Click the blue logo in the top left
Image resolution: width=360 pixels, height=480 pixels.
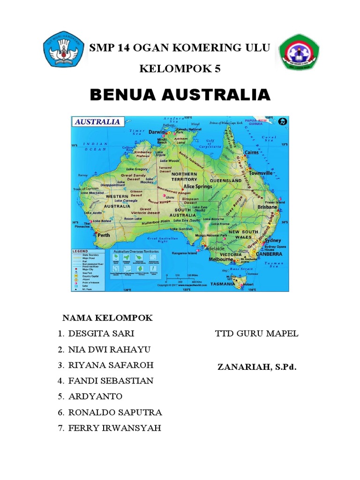tap(65, 51)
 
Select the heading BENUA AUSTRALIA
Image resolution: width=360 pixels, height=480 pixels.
tap(180, 95)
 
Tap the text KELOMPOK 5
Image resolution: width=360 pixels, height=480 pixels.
tap(180, 69)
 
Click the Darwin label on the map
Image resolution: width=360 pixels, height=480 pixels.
tap(157, 132)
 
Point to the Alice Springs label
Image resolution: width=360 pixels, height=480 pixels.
tap(198, 186)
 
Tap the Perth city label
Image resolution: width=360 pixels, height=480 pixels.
tap(104, 235)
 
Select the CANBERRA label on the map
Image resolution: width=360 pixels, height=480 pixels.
tap(269, 254)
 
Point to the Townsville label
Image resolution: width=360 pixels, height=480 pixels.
tap(261, 173)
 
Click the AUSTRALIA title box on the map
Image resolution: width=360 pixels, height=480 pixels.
tap(97, 121)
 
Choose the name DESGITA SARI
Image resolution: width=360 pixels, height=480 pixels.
tap(101, 334)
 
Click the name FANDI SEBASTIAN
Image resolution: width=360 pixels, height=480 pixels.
tap(111, 381)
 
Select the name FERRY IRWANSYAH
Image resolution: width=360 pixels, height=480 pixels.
tap(114, 428)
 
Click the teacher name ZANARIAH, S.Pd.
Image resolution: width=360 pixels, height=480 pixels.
tap(257, 367)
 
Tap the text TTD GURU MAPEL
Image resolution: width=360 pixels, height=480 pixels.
tap(256, 334)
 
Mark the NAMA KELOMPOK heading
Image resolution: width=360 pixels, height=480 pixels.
tap(107, 318)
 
